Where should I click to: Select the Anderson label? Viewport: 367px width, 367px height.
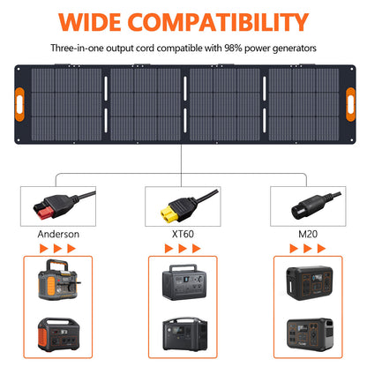59,234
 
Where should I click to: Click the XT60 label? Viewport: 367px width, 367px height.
183,234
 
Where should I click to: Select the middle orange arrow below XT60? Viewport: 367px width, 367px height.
183,249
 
